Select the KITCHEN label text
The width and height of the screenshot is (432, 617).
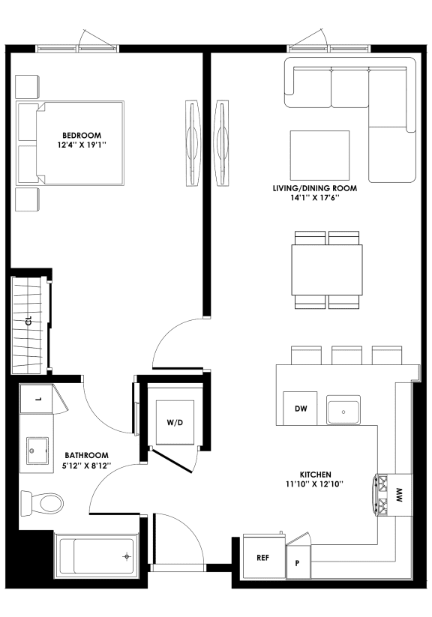(316, 474)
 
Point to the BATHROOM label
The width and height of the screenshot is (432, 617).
(87, 455)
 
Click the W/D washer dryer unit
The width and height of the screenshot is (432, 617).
(174, 422)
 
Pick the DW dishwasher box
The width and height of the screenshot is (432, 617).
(300, 409)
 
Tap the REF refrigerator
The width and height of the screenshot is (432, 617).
(263, 559)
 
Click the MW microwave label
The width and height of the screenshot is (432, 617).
(400, 494)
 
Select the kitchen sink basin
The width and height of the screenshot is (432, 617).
(343, 411)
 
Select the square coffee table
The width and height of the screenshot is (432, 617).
(319, 154)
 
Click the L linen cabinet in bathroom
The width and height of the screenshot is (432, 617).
(37, 399)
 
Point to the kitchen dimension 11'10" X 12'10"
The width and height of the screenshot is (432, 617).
(316, 484)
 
